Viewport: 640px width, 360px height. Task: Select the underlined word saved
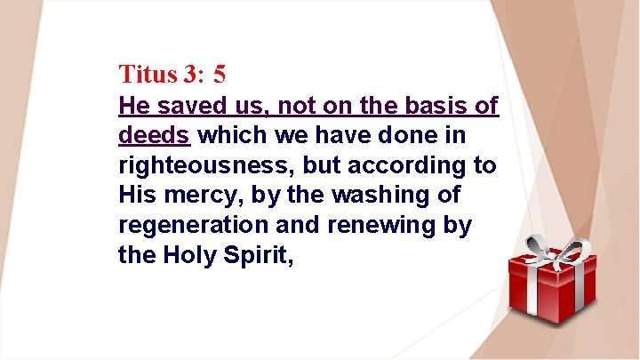pyautogui.click(x=184, y=108)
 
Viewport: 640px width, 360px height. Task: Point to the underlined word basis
pyautogui.click(x=433, y=108)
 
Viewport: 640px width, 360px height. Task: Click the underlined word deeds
pyautogui.click(x=154, y=137)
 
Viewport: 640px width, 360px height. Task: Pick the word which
pyautogui.click(x=225, y=137)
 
